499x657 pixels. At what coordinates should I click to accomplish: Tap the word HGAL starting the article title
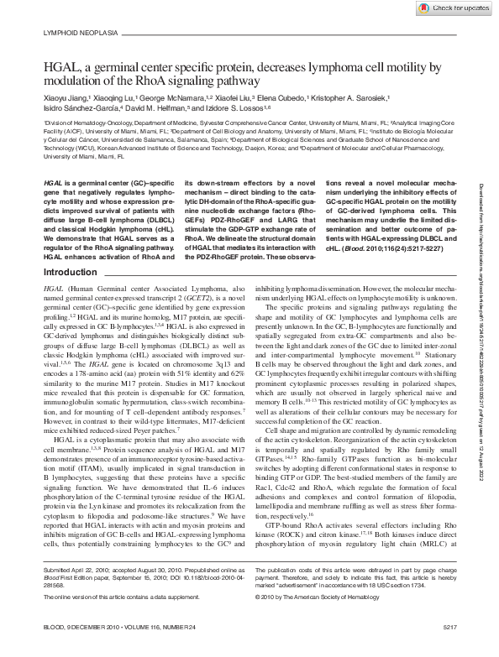coord(60,66)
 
